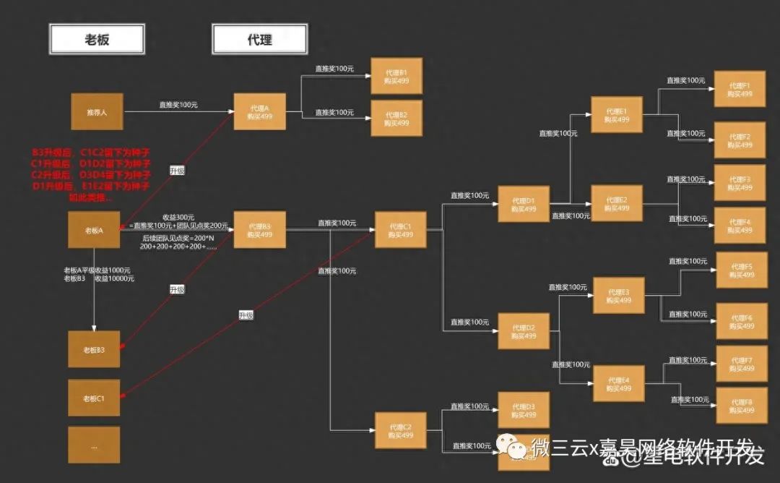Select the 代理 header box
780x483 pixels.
click(259, 38)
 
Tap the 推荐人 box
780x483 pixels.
click(97, 112)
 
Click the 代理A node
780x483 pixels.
click(259, 112)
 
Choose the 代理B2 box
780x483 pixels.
click(396, 119)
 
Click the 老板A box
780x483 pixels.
click(95, 231)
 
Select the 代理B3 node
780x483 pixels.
click(259, 230)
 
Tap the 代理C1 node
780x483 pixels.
click(400, 230)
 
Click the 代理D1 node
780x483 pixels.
click(524, 205)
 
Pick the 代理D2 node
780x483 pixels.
click(524, 332)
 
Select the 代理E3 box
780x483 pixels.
click(619, 296)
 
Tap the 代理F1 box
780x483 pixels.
click(740, 90)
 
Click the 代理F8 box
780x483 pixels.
click(741, 406)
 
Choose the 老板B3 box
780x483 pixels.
click(95, 350)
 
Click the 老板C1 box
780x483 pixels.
click(95, 398)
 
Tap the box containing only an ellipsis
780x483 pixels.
click(95, 445)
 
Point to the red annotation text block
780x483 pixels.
click(91, 174)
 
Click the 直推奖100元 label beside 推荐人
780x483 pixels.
click(178, 105)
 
